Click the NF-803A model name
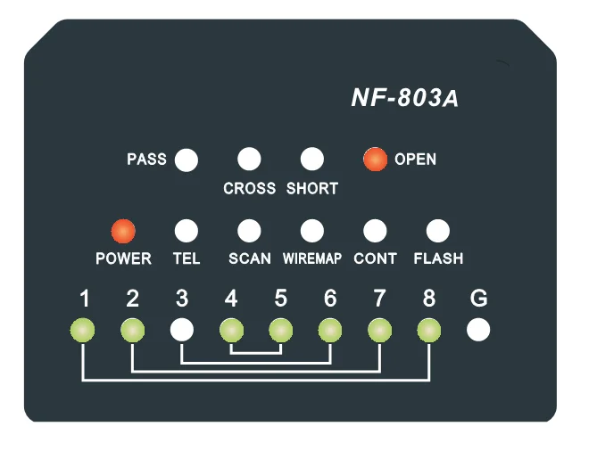pos(405,98)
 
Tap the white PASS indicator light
pos(187,160)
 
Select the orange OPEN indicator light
pos(375,160)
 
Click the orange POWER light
pos(123,231)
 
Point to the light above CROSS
pos(249,160)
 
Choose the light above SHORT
pos(311,160)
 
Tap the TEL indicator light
pos(186,231)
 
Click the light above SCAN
pos(249,231)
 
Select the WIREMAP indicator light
pos(311,231)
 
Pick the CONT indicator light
pos(375,231)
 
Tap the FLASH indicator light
pos(437,231)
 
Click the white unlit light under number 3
pos(182,331)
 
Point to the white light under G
pos(478,331)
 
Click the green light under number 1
pos(83,331)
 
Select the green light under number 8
pos(429,331)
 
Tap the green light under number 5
pos(281,331)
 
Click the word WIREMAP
pos(312,259)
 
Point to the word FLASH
pos(438,259)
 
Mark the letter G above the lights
pos(478,299)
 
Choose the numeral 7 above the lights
pos(379,299)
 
